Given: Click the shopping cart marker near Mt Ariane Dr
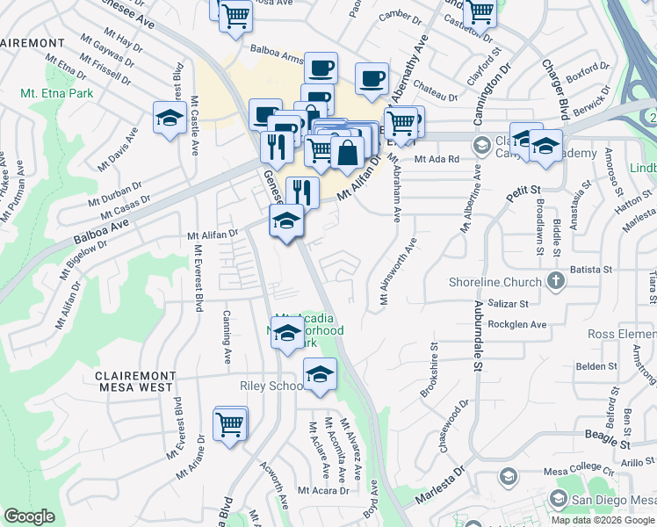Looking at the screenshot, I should [x=231, y=425].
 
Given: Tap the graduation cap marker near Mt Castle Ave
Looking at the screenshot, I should [x=168, y=118].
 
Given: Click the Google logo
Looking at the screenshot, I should [x=30, y=516].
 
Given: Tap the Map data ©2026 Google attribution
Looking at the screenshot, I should [x=603, y=520].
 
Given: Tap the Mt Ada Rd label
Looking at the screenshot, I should [x=437, y=159].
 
